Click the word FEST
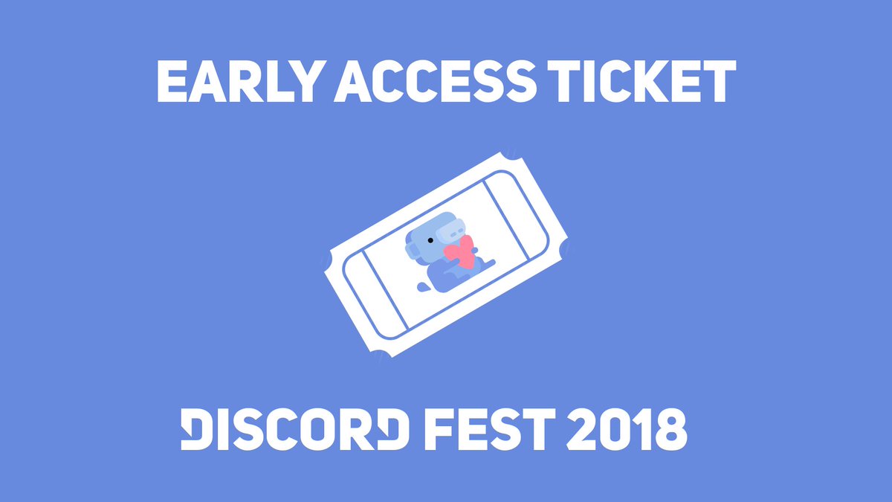(485, 429)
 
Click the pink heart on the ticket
(460, 252)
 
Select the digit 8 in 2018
(670, 429)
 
